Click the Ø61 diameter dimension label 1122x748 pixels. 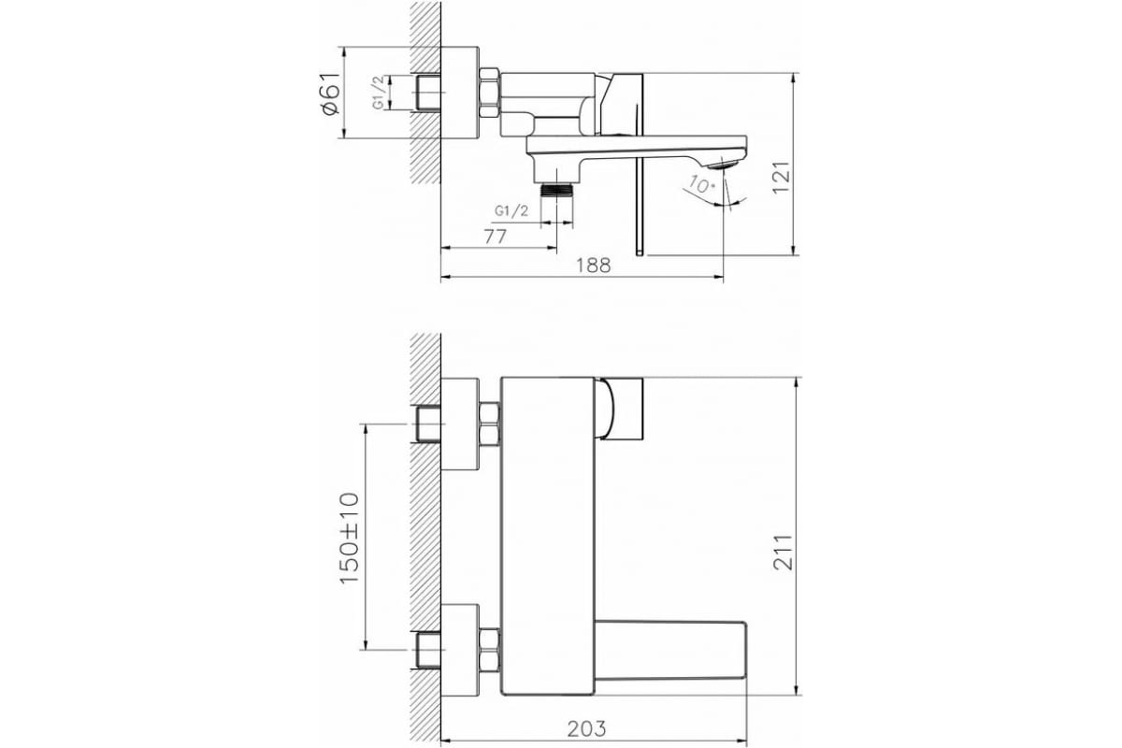(x=331, y=94)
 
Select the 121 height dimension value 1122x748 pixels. (x=781, y=178)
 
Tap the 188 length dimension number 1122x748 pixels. (x=594, y=265)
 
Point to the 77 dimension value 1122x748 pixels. (x=496, y=237)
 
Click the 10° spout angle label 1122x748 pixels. (x=701, y=184)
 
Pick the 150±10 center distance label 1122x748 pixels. (x=350, y=538)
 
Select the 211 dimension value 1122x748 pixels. (x=783, y=552)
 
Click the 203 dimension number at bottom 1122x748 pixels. (x=586, y=728)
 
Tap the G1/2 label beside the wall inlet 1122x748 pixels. (x=379, y=93)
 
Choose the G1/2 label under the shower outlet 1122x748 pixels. (x=511, y=211)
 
